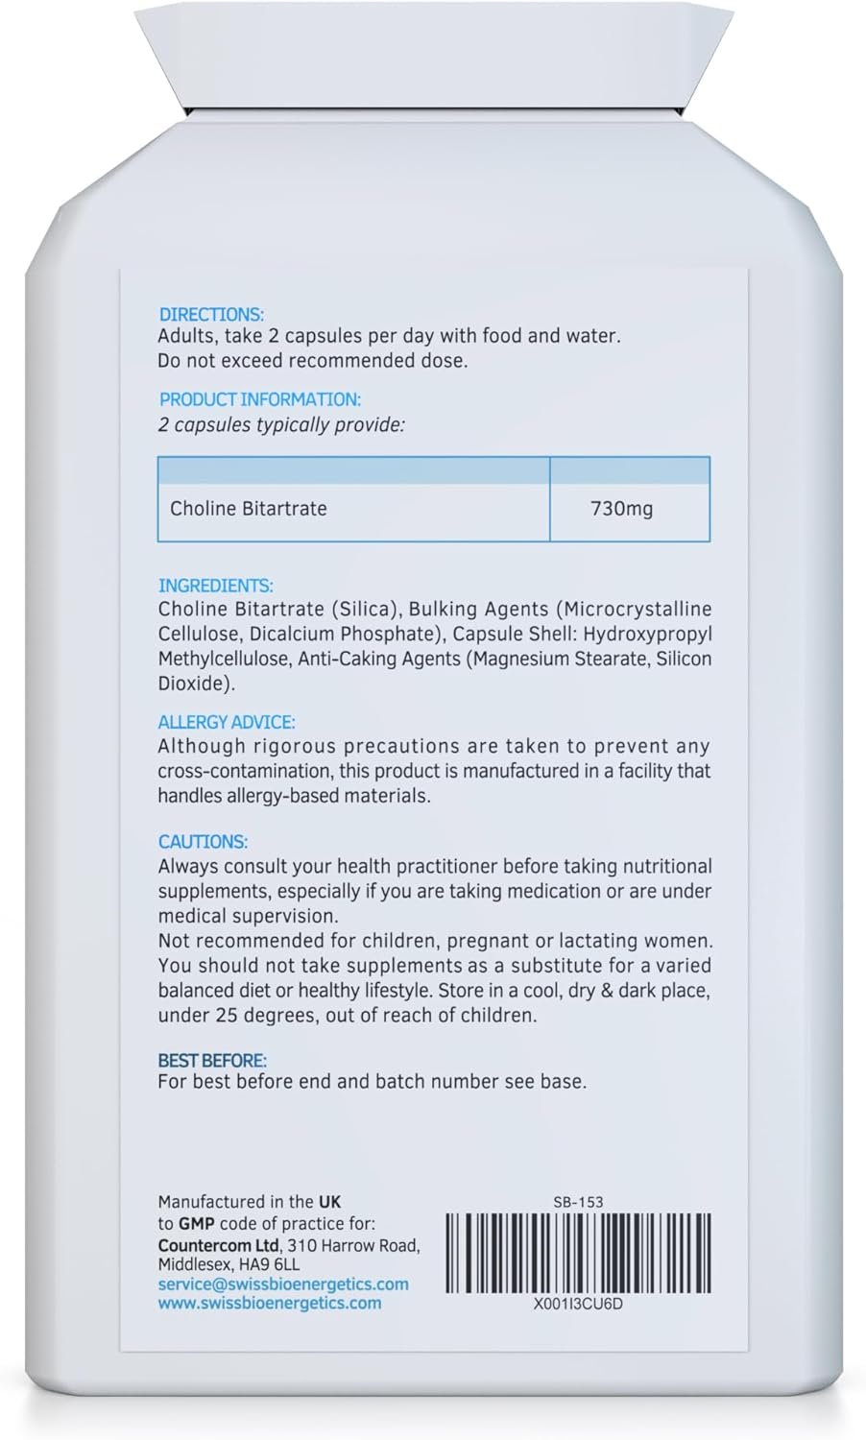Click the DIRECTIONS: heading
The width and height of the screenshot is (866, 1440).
[x=211, y=314]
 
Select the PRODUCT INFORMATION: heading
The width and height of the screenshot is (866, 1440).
[x=259, y=399]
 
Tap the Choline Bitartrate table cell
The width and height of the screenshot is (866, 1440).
[x=248, y=509]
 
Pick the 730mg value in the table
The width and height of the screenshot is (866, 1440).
[x=621, y=509]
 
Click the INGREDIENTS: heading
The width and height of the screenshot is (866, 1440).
[x=215, y=585]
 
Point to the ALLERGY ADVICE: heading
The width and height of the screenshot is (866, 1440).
[x=227, y=722]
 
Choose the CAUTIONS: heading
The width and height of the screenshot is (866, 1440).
[x=203, y=841]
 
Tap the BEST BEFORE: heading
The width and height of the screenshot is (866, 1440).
[x=212, y=1061]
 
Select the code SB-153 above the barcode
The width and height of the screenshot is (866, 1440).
[x=578, y=1201]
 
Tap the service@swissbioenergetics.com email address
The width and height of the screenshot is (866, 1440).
[x=283, y=1284]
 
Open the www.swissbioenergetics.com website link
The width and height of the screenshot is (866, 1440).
[x=270, y=1303]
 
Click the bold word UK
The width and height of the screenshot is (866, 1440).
[x=329, y=1201]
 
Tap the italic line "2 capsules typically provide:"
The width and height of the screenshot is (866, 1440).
[x=281, y=424]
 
